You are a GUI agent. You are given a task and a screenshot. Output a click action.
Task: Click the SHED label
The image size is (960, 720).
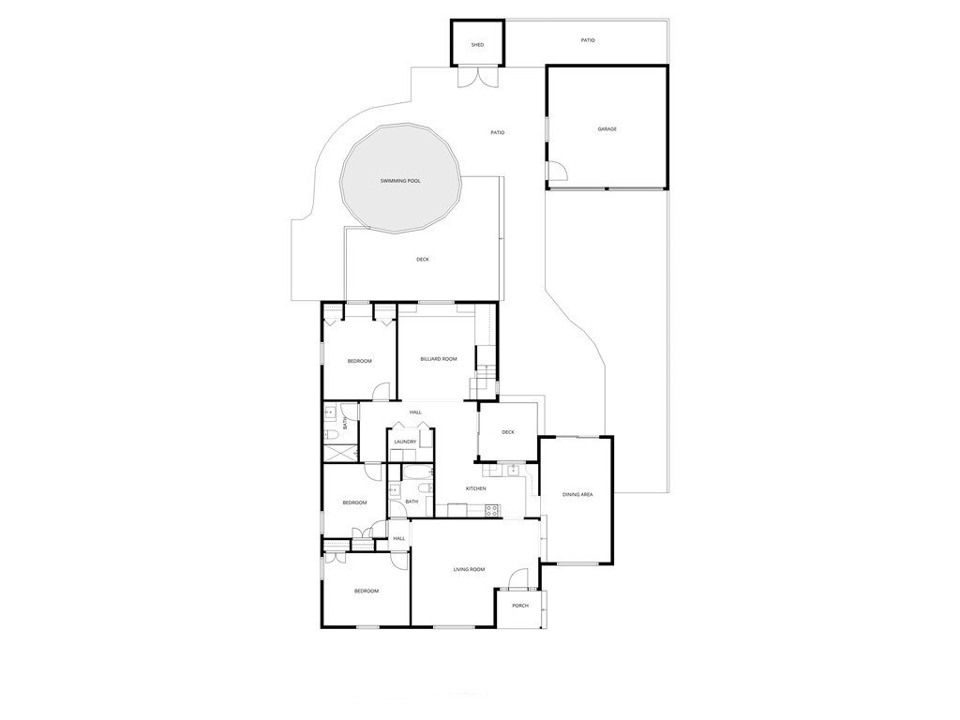coord(477,44)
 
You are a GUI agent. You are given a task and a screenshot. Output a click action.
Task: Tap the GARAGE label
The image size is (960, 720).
coord(607,128)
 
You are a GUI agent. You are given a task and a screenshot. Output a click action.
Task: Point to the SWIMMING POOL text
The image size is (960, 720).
coord(400,180)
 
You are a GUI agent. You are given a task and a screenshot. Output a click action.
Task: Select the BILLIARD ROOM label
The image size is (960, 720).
coord(438,358)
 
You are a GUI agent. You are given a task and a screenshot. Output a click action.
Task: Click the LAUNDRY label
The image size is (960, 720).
coord(405,442)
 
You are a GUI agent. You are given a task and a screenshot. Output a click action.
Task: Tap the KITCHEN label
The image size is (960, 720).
coord(476,488)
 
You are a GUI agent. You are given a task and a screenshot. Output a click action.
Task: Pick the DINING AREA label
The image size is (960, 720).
coord(577,494)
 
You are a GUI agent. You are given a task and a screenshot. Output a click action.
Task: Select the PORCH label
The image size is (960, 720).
coord(520,606)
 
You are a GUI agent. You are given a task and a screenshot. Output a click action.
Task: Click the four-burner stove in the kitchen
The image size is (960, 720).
coord(491,511)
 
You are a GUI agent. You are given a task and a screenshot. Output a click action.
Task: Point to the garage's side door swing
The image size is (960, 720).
coord(556,171)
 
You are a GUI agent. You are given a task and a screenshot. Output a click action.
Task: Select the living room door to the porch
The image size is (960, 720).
coord(519,577)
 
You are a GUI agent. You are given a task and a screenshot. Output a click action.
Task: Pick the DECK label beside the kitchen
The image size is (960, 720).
coord(508,432)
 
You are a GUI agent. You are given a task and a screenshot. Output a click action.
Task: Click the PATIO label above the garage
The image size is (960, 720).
coord(588,40)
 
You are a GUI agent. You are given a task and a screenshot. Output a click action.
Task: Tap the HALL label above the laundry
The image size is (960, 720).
coord(415,412)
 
